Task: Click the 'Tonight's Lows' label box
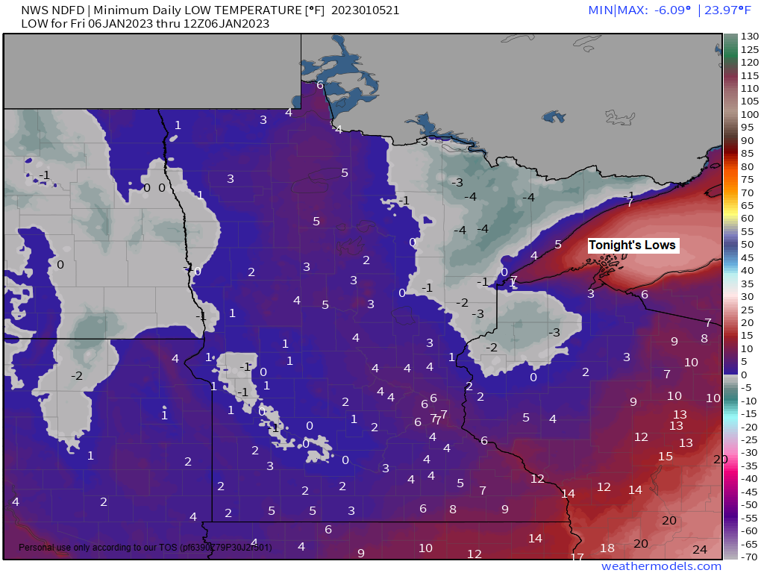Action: (632, 245)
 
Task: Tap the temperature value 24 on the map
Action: (700, 550)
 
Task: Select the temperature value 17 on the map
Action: (577, 557)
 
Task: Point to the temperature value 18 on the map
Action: (607, 548)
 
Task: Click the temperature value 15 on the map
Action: (666, 457)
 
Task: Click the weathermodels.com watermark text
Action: (661, 566)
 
